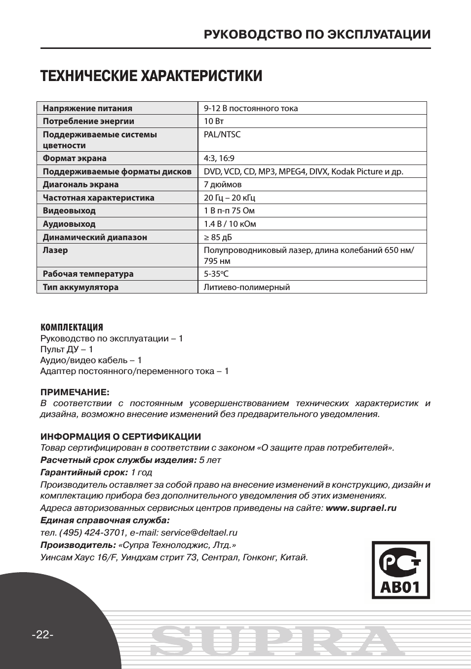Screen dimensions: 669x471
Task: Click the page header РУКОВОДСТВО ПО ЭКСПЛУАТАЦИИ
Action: pyautogui.click(x=317, y=35)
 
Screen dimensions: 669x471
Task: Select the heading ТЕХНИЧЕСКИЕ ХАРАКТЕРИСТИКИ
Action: pyautogui.click(x=151, y=77)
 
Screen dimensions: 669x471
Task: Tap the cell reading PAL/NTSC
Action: pyautogui.click(x=222, y=134)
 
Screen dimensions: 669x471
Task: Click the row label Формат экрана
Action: pyautogui.click(x=75, y=158)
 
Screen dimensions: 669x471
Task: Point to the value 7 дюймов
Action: pyautogui.click(x=223, y=184)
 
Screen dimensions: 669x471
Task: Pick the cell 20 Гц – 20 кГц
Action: pyautogui.click(x=230, y=198)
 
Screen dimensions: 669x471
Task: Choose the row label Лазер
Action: pyautogui.click(x=55, y=250)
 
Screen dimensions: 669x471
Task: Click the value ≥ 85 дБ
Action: pyautogui.click(x=218, y=237)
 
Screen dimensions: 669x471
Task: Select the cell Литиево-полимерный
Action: pyautogui.click(x=247, y=287)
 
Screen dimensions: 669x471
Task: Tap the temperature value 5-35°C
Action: pyautogui.click(x=216, y=274)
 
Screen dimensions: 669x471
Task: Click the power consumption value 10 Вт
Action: pyautogui.click(x=214, y=121)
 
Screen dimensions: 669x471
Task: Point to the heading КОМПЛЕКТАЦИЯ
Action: pyautogui.click(x=72, y=328)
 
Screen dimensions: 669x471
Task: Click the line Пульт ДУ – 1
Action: pyautogui.click(x=67, y=349)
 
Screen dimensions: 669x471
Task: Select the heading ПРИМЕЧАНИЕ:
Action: pyautogui.click(x=75, y=392)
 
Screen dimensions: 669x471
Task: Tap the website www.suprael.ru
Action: pyautogui.click(x=361, y=508)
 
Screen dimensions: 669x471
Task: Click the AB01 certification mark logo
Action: pyautogui.click(x=400, y=570)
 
